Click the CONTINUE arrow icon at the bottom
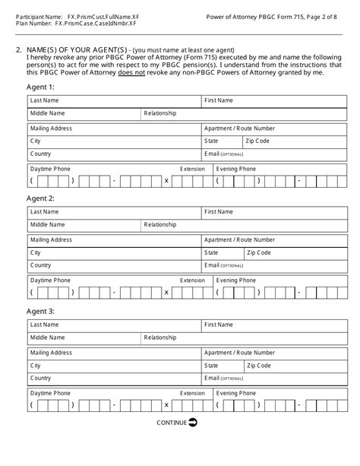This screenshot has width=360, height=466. pyautogui.click(x=193, y=422)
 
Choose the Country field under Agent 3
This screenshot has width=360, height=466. pyautogui.click(x=113, y=379)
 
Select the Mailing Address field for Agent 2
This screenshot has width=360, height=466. pyautogui.click(x=113, y=240)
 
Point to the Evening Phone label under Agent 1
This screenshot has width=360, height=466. pyautogui.click(x=236, y=169)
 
